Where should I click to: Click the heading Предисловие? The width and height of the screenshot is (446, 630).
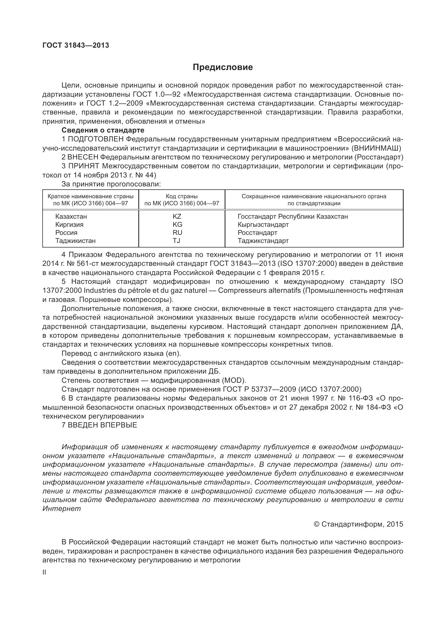tap(223, 67)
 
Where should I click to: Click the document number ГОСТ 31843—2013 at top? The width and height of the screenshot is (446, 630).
tap(76, 45)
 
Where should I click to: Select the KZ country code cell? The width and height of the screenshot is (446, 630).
tap(177, 217)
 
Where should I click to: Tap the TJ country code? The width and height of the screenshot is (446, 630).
tap(176, 241)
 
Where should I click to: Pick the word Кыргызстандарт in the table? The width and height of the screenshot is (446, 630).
tap(263, 224)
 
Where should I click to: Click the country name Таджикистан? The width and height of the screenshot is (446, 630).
tap(76, 241)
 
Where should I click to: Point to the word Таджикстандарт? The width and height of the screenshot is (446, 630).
tap(263, 241)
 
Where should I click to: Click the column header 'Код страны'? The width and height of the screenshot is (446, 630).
tap(181, 196)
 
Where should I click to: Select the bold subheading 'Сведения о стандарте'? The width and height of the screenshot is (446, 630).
tap(103, 130)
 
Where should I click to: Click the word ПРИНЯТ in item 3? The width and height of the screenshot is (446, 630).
tap(84, 166)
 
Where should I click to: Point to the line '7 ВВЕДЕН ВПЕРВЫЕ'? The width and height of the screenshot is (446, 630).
tap(100, 425)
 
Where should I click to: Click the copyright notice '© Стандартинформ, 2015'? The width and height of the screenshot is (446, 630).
tap(358, 524)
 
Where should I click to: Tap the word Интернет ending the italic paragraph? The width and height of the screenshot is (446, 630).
tap(62, 509)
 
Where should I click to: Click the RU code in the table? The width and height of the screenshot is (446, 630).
tap(177, 232)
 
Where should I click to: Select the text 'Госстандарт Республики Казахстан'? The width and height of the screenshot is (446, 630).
tap(293, 217)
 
